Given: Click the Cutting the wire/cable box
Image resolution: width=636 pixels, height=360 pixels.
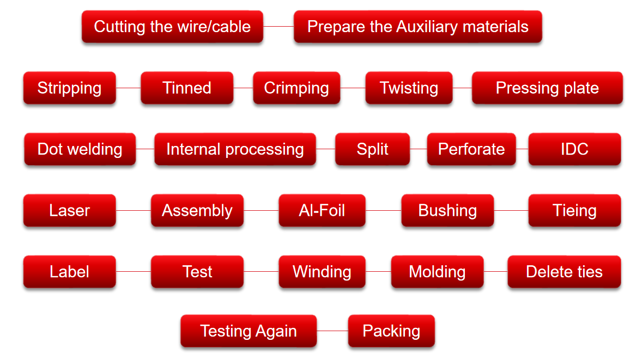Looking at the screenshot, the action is [172, 27].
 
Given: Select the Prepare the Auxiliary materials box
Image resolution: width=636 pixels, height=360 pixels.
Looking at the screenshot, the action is [418, 27].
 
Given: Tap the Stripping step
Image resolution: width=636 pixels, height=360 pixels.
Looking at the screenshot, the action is [69, 88].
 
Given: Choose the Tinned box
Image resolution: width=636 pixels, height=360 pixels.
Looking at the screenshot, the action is [187, 88].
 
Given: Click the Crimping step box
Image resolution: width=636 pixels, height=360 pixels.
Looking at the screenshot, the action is [296, 88].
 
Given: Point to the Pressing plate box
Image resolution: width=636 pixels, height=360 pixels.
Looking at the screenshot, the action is [547, 88].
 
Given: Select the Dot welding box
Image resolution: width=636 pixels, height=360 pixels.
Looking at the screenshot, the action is [80, 149].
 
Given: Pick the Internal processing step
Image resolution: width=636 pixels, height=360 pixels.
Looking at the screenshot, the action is [235, 149].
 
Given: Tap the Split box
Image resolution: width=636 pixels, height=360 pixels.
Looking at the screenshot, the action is [372, 149].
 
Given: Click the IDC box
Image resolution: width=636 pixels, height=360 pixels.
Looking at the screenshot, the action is [575, 149].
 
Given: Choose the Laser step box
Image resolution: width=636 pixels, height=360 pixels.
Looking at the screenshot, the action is [69, 210].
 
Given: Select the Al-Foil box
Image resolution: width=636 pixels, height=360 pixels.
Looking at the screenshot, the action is [322, 210].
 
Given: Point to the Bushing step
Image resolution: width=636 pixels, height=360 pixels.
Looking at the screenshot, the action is [447, 210].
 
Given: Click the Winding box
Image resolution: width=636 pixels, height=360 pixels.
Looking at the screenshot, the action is [322, 272].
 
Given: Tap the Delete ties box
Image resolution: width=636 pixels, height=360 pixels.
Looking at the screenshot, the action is [564, 272].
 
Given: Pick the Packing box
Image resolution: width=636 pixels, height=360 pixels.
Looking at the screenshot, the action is [391, 331].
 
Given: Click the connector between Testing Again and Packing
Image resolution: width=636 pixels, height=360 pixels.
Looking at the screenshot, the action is [332, 331].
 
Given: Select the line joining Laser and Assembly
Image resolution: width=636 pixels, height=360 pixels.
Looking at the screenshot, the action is [134, 210].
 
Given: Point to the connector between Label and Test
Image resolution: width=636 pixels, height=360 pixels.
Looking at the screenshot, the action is [134, 272].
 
